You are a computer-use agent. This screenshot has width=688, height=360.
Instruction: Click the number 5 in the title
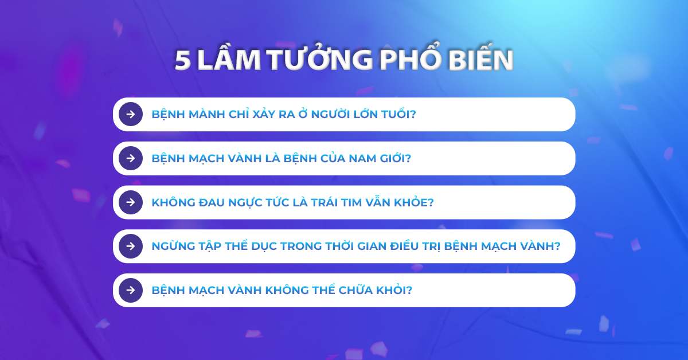[x=183, y=60]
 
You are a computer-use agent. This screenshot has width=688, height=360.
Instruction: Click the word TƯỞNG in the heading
[x=320, y=58]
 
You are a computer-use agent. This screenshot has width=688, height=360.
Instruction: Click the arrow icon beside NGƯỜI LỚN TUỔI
[x=131, y=114]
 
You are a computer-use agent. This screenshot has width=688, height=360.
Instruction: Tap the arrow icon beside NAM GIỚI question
[x=131, y=158]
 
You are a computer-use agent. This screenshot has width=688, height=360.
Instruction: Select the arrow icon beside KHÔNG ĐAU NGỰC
[x=131, y=202]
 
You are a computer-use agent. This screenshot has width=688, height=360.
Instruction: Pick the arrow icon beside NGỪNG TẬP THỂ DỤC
[x=131, y=246]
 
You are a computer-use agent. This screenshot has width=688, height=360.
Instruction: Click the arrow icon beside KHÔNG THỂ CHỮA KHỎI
[x=131, y=290]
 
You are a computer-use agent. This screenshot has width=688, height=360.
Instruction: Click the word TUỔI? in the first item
[x=398, y=114]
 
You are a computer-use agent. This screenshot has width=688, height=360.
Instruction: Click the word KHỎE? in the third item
[x=414, y=202]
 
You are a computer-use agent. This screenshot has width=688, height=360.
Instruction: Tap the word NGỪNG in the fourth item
[x=174, y=246]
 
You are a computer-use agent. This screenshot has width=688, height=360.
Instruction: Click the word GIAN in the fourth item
[x=372, y=246]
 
